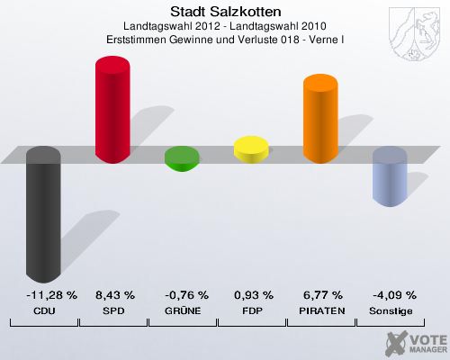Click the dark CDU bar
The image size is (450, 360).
(x=43, y=216)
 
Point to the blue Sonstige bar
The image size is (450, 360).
(x=390, y=177)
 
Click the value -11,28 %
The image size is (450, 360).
(x=44, y=295)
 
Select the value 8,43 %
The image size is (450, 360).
(x=114, y=295)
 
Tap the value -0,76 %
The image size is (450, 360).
(x=184, y=295)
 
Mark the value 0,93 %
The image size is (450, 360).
(x=253, y=295)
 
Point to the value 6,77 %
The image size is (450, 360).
(x=322, y=295)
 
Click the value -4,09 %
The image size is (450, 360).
(x=391, y=295)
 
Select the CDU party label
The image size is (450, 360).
(x=44, y=310)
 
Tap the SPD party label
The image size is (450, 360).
(x=114, y=310)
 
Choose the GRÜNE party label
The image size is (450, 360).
(x=184, y=310)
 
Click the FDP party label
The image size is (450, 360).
(x=253, y=310)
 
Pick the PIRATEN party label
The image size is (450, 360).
(x=322, y=310)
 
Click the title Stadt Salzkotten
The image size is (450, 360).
(x=225, y=12)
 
